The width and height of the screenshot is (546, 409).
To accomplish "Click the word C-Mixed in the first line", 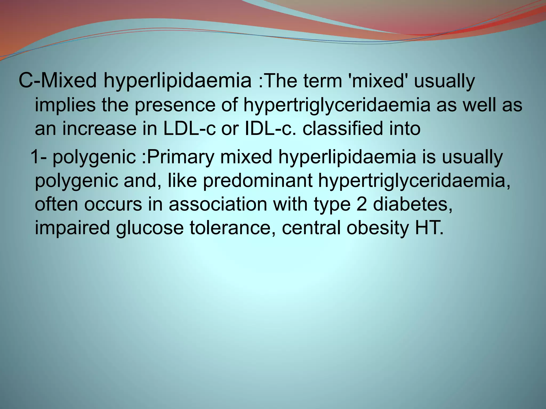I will (57, 81).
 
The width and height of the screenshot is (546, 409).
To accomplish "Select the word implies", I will (65, 105).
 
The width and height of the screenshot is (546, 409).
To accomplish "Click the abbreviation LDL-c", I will (189, 129).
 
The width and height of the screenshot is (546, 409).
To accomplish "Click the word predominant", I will (258, 181).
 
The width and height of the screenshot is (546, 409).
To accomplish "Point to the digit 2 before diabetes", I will (362, 204).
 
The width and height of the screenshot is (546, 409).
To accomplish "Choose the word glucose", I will (150, 228).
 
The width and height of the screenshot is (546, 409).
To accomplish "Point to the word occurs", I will (113, 204).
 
